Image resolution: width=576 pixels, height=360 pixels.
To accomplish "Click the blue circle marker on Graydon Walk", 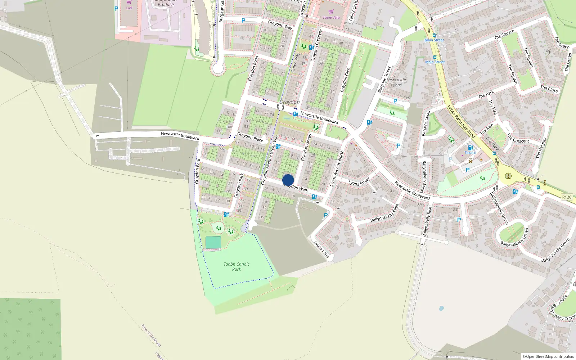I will [288, 180].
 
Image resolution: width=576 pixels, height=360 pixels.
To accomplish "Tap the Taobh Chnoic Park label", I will [237, 266].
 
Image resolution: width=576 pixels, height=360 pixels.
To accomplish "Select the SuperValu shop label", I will [331, 17].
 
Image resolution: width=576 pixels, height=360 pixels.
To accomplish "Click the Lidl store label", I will [129, 8].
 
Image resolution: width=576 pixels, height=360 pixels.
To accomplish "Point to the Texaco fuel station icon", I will [470, 148].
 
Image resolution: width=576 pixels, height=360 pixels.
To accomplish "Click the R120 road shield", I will [567, 197].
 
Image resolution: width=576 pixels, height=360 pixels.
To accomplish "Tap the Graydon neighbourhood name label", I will [289, 102].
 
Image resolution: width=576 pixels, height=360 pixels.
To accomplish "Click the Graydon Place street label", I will [250, 137].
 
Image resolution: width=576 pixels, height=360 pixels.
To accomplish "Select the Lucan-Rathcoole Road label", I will [461, 121].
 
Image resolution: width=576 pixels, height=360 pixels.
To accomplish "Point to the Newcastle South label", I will [151, 335].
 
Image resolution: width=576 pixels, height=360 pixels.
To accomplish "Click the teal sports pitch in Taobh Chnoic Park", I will [213, 242].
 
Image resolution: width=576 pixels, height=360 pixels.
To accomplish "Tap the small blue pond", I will [441, 309].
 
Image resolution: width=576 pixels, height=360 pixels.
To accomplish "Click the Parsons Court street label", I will [426, 123].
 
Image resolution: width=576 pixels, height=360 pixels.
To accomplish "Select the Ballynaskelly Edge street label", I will [384, 213].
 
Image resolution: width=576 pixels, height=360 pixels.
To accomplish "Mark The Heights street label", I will [541, 148].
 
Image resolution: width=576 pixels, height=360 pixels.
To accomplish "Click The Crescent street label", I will [518, 139].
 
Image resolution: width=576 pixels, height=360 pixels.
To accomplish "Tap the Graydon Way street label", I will [280, 25].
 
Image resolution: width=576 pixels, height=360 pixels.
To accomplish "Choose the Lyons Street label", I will [359, 181].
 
